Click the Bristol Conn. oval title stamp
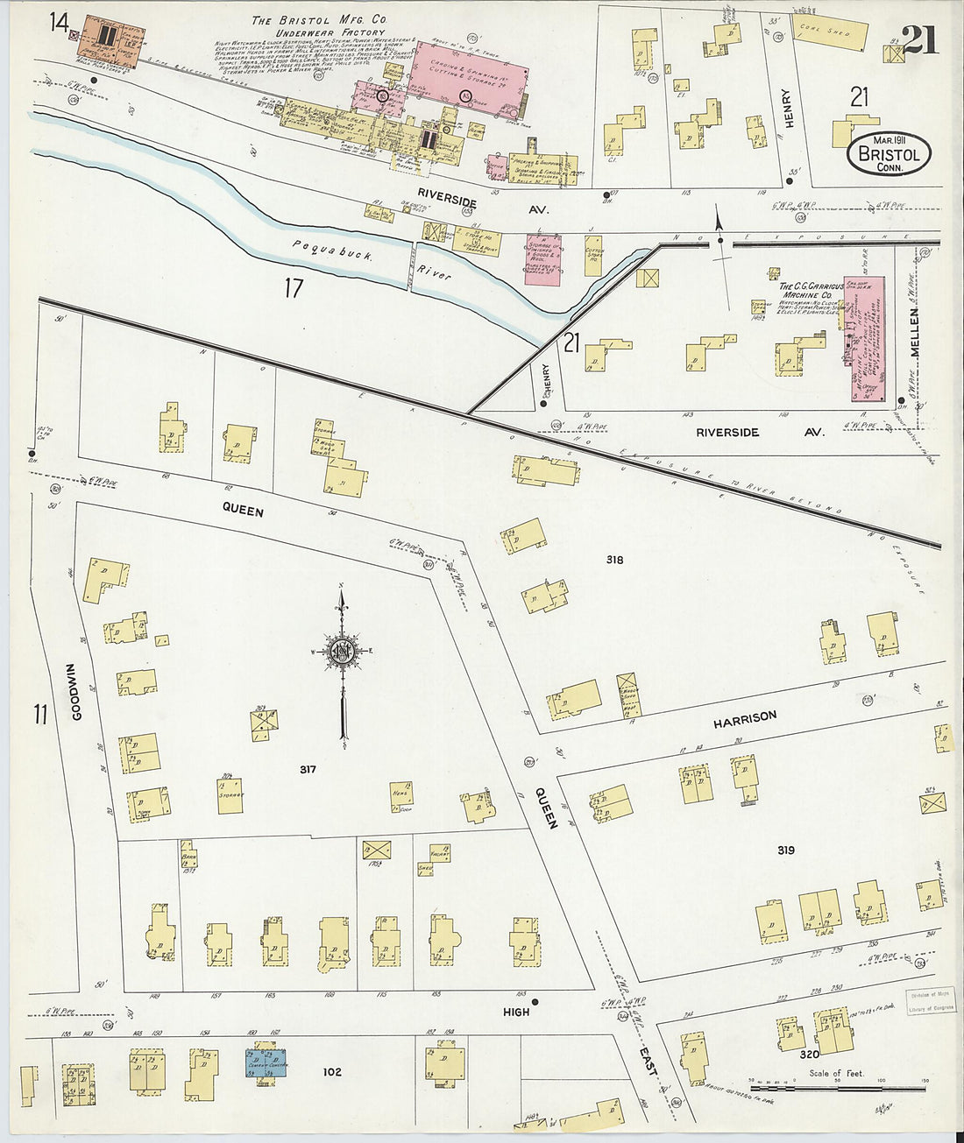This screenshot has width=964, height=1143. pyautogui.click(x=889, y=154)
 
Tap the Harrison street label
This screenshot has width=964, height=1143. pyautogui.click(x=744, y=718)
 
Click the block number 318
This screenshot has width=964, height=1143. pyautogui.click(x=613, y=559)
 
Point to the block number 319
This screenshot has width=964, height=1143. pyautogui.click(x=784, y=850)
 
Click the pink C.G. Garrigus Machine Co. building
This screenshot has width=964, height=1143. pyautogui.click(x=863, y=338)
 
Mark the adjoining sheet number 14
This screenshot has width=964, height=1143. pyautogui.click(x=59, y=22)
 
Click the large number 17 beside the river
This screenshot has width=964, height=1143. pyautogui.click(x=293, y=287)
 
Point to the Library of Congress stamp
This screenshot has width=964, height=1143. pyautogui.click(x=929, y=1002)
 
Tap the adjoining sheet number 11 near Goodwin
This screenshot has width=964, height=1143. pyautogui.click(x=39, y=714)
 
